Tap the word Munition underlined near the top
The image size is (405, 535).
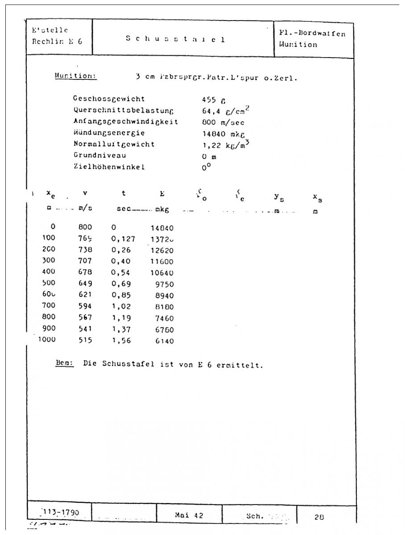(76, 76)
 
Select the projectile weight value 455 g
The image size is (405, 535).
(209, 99)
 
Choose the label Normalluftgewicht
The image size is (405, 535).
(114, 144)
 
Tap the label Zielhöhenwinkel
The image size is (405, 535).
(109, 167)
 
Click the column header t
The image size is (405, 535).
(124, 193)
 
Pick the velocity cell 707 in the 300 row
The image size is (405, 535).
(85, 261)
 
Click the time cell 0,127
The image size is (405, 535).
(123, 239)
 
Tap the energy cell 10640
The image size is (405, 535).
(162, 273)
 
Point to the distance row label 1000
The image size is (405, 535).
(47, 341)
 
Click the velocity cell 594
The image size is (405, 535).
(85, 307)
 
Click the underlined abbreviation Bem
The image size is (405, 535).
(64, 364)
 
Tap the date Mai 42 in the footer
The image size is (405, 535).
(189, 515)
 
